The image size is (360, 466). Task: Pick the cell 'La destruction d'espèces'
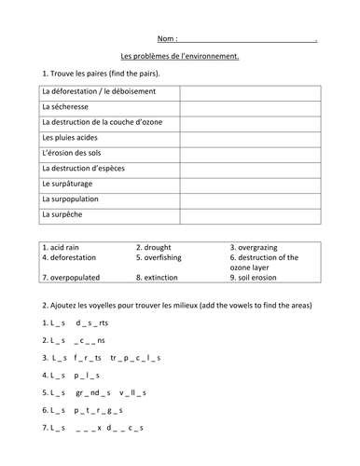(90, 169)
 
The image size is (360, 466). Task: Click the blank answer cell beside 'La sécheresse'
(250, 107)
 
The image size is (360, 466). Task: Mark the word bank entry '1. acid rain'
(64, 247)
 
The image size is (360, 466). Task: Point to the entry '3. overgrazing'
(260, 247)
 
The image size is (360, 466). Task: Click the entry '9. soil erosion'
(260, 277)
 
